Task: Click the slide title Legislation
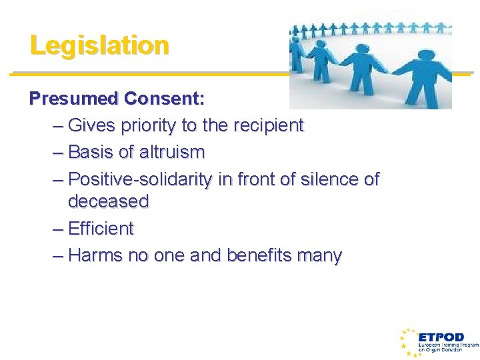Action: pyautogui.click(x=99, y=45)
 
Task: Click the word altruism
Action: pyautogui.click(x=172, y=152)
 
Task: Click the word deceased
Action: pyautogui.click(x=108, y=201)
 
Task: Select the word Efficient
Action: pyautogui.click(x=101, y=229)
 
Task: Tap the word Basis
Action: pyautogui.click(x=91, y=152)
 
